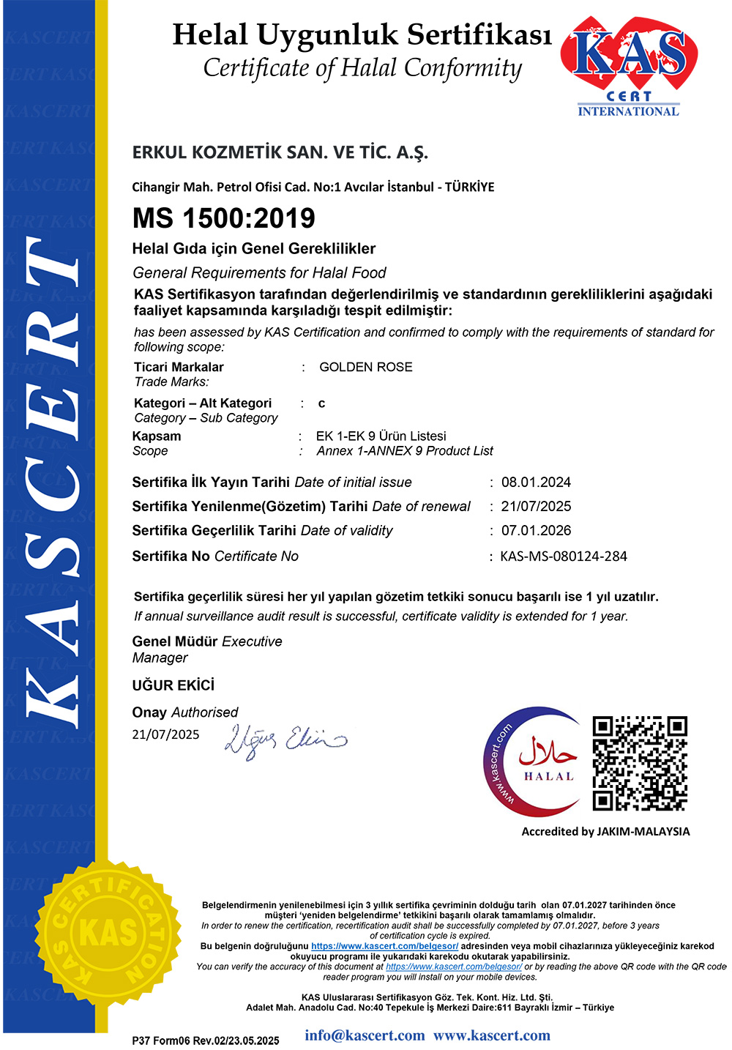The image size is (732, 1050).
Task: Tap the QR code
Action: pyautogui.click(x=640, y=764)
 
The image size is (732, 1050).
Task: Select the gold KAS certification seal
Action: pyautogui.click(x=109, y=931)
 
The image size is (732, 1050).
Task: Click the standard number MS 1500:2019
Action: pyautogui.click(x=224, y=218)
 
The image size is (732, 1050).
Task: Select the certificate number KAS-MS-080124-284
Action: pyautogui.click(x=564, y=556)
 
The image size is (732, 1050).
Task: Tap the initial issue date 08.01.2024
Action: pyautogui.click(x=536, y=483)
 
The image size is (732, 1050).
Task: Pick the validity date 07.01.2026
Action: pyautogui.click(x=536, y=531)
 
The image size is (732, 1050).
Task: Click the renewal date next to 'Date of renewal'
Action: pyautogui.click(x=536, y=507)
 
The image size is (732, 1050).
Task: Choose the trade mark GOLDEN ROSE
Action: pyautogui.click(x=366, y=367)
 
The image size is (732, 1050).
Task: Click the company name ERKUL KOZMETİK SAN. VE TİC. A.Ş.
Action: pyautogui.click(x=280, y=152)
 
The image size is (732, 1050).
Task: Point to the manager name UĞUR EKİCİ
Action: pyautogui.click(x=173, y=685)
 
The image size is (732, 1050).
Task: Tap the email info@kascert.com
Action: pyautogui.click(x=365, y=1035)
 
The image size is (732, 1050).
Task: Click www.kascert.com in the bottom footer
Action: pyautogui.click(x=492, y=1035)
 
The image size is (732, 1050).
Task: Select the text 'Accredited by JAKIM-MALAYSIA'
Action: pyautogui.click(x=605, y=831)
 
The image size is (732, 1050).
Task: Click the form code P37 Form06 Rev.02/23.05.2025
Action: pyautogui.click(x=206, y=1040)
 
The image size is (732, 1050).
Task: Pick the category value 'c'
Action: pyautogui.click(x=321, y=403)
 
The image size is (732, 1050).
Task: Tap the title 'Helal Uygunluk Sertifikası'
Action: pyautogui.click(x=362, y=34)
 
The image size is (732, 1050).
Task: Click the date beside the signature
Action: pyautogui.click(x=165, y=734)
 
